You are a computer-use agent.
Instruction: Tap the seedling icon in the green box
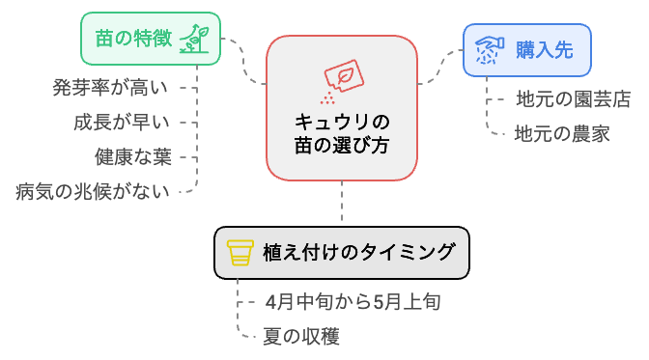click(197, 39)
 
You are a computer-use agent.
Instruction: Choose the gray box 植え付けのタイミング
click(341, 252)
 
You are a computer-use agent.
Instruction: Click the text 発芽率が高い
click(110, 88)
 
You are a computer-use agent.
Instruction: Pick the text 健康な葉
click(132, 155)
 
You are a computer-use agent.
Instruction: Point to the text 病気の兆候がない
click(93, 190)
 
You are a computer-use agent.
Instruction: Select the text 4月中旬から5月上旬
click(353, 302)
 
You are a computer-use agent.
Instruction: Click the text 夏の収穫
click(301, 336)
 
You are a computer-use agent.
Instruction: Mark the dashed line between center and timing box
click(342, 204)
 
